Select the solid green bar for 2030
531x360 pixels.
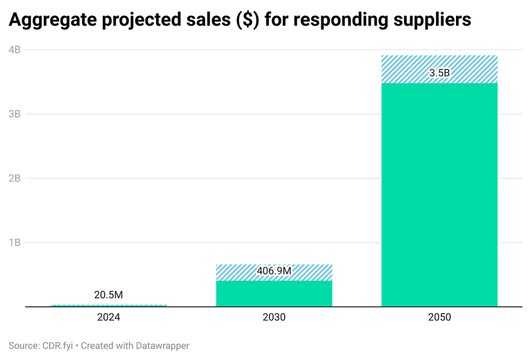point(274,294)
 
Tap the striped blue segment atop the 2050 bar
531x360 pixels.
point(439,62)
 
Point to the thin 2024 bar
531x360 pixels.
point(108,305)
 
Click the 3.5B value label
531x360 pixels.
point(439,73)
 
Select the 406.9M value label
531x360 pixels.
point(274,271)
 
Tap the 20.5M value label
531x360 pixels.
point(108,295)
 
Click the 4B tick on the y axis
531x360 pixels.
point(15,49)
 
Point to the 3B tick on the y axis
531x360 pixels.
point(15,114)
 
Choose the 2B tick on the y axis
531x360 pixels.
point(15,178)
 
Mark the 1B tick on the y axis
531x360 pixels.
point(15,243)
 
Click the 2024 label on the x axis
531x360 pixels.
point(108,317)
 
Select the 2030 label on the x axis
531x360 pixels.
point(274,317)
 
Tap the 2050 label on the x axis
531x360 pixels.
point(439,317)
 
